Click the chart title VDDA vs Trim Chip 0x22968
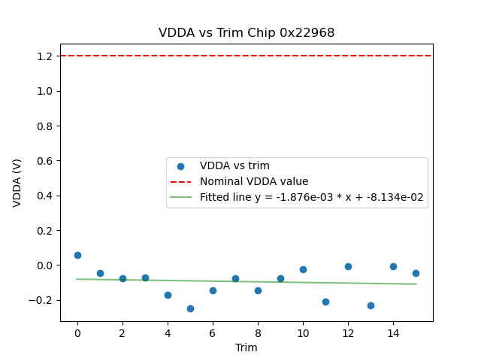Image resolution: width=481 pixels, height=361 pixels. click(x=247, y=33)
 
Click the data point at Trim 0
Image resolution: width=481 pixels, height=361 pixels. click(x=77, y=255)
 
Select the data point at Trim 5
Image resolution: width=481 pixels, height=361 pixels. click(x=190, y=308)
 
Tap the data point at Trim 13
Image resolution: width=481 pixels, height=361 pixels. click(x=371, y=305)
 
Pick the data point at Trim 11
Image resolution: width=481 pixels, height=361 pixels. click(x=325, y=302)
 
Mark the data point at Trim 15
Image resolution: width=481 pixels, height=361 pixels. click(x=416, y=273)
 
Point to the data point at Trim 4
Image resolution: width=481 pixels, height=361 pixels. click(x=168, y=295)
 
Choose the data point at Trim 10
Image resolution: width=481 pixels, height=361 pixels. click(x=303, y=269)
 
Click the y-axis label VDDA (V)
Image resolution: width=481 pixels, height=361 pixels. click(x=17, y=183)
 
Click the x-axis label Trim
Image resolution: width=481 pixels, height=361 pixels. click(x=247, y=347)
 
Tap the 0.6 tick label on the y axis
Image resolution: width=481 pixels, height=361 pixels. click(x=44, y=161)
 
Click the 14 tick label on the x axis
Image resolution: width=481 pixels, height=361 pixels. click(x=393, y=332)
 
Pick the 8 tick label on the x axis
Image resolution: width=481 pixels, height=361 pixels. click(x=258, y=332)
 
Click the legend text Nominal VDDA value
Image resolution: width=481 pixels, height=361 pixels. click(x=254, y=181)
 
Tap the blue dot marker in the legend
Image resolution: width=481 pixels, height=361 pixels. click(x=181, y=166)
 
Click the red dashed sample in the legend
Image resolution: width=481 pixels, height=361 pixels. click(x=181, y=181)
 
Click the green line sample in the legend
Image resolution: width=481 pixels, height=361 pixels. click(x=181, y=197)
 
